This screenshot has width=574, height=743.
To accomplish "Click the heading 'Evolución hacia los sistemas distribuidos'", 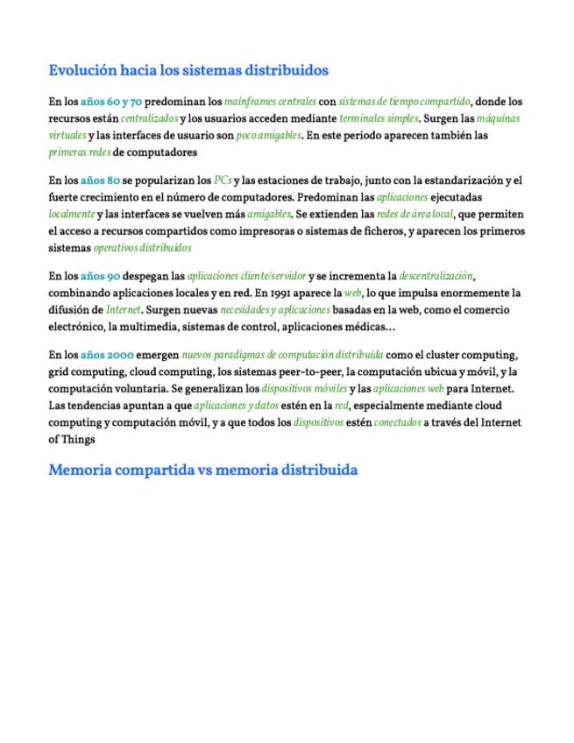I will [188, 70].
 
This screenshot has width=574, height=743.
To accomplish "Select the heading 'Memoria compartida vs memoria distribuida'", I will [202, 470].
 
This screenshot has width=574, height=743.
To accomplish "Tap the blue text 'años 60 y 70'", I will [111, 103].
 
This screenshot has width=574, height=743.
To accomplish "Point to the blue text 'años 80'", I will [100, 180].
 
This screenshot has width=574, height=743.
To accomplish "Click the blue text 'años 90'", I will [100, 276].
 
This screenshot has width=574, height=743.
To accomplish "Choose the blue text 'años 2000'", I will [106, 355].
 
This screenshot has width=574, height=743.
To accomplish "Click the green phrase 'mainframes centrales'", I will [269, 103].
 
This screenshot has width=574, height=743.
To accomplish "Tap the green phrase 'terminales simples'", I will [379, 119].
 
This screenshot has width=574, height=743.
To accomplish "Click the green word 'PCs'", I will [223, 180].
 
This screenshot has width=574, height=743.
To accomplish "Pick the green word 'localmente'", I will [71, 215].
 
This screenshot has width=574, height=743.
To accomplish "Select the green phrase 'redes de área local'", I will [415, 215].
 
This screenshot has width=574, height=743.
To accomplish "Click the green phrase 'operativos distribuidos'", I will [142, 249].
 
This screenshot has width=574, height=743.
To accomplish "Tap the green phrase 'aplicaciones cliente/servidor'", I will [246, 276].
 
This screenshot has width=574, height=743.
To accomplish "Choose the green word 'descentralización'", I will [436, 276].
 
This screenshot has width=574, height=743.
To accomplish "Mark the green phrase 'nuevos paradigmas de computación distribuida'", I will [281, 355].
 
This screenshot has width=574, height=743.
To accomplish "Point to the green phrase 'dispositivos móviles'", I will [304, 388].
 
